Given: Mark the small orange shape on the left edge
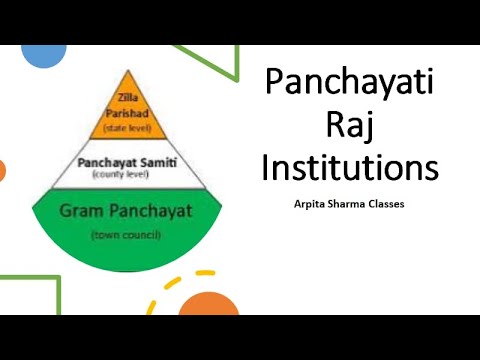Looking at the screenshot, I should point(2,170).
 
